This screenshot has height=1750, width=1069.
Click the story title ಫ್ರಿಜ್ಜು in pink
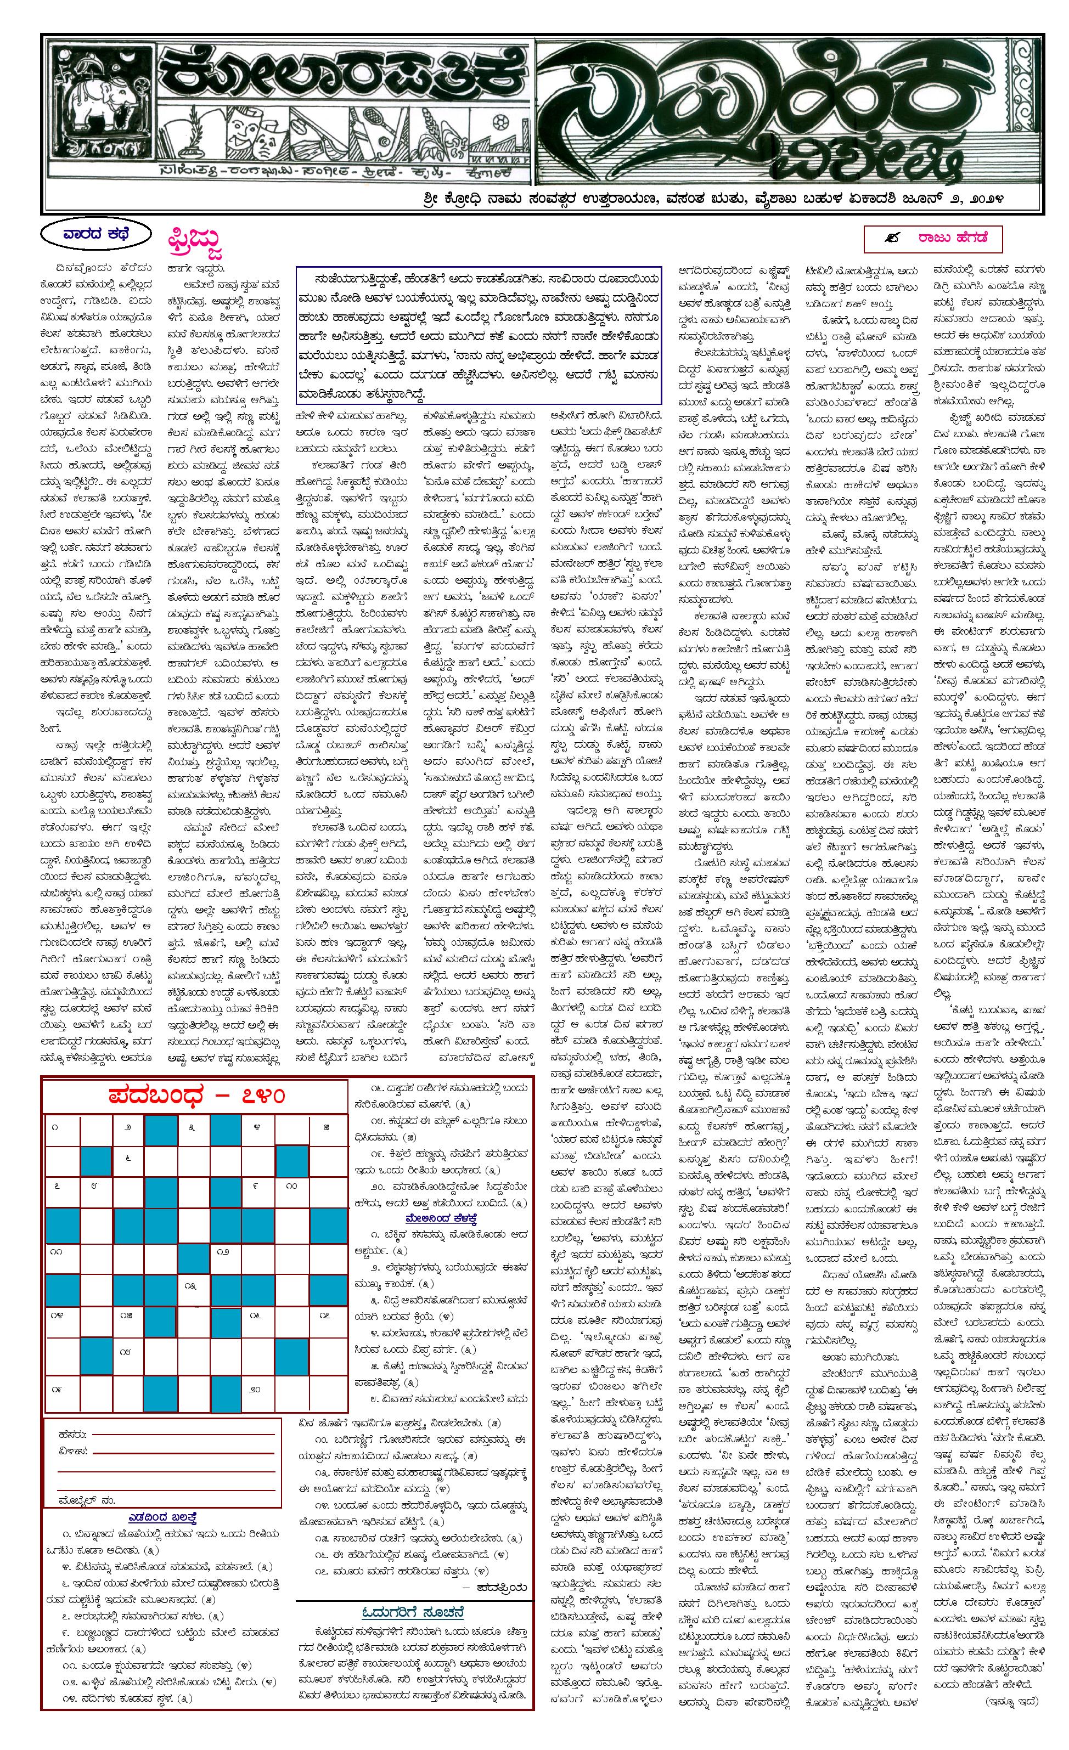[195, 243]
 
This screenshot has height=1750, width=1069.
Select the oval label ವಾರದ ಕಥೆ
[96, 234]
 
